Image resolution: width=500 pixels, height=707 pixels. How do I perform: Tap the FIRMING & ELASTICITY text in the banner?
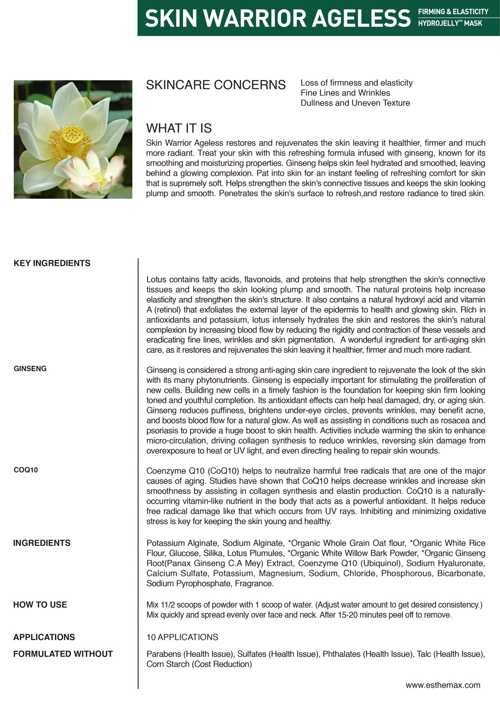pyautogui.click(x=453, y=12)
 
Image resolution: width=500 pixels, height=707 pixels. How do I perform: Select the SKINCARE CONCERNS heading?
pyautogui.click(x=216, y=85)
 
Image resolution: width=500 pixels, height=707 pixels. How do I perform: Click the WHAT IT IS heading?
pyautogui.click(x=179, y=128)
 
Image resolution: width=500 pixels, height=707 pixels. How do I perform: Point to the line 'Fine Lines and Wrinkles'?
pyautogui.click(x=345, y=93)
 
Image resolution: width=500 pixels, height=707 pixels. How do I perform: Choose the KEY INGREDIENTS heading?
pyautogui.click(x=52, y=263)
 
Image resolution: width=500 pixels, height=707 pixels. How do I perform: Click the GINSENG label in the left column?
pyautogui.click(x=30, y=369)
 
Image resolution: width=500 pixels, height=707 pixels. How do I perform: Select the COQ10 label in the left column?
pyautogui.click(x=26, y=470)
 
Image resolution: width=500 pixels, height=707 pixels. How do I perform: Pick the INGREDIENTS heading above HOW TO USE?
pyautogui.click(x=42, y=543)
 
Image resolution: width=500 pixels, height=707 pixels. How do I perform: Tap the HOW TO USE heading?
pyautogui.click(x=40, y=604)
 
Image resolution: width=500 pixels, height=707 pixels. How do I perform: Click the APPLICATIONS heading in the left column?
pyautogui.click(x=44, y=637)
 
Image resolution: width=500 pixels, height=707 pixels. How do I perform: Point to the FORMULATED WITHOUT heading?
pyautogui.click(x=63, y=654)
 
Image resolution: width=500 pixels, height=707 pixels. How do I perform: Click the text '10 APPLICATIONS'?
pyautogui.click(x=182, y=637)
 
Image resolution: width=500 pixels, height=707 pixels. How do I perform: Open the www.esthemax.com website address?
pyautogui.click(x=443, y=685)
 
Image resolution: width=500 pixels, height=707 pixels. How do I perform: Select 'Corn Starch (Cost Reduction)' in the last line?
pyautogui.click(x=199, y=664)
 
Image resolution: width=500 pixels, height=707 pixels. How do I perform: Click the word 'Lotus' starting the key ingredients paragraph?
pyautogui.click(x=156, y=279)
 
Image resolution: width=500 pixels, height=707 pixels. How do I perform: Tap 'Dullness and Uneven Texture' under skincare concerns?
pyautogui.click(x=355, y=103)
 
